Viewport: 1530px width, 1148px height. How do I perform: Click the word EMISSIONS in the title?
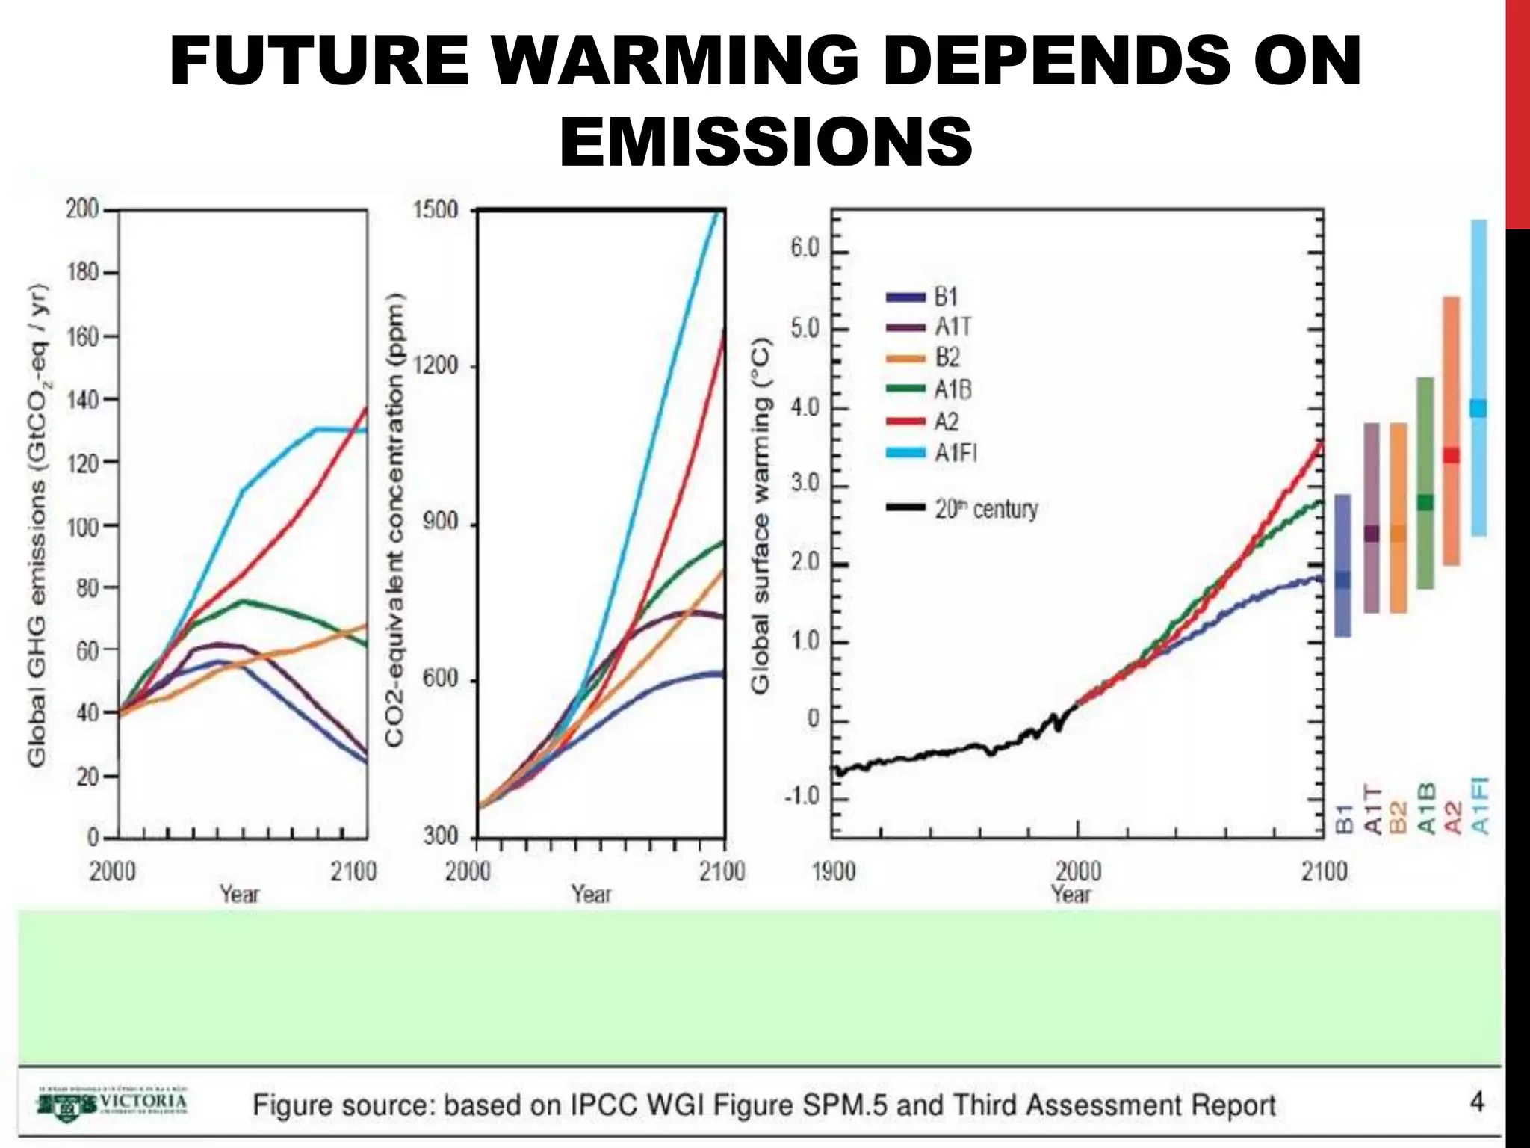click(x=766, y=141)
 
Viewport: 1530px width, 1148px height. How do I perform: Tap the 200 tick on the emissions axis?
click(x=82, y=209)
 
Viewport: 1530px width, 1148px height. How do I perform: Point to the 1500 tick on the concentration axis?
click(x=436, y=210)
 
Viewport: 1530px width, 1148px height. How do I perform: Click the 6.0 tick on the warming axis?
click(x=805, y=248)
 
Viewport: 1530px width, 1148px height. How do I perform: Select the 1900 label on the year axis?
click(x=834, y=871)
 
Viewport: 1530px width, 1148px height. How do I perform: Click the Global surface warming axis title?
click(x=761, y=516)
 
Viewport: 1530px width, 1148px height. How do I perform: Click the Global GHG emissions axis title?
click(x=38, y=523)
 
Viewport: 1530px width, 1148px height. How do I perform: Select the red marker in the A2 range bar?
click(x=1451, y=454)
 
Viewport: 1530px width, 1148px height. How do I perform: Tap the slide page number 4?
click(x=1477, y=1101)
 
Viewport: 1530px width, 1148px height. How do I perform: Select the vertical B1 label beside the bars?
click(x=1344, y=819)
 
